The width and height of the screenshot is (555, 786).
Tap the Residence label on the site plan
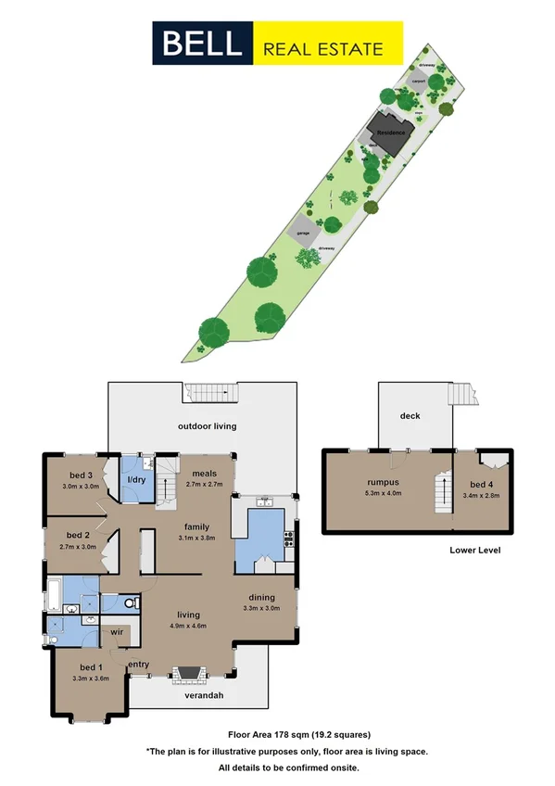pos(390,133)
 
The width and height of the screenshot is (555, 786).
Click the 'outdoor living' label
pos(208,426)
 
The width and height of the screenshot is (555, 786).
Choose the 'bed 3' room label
pos(75,475)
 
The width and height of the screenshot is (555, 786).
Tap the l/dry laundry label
pos(136,479)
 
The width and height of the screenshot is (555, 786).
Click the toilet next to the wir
pos(132,602)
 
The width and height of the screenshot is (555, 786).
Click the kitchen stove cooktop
pos(288,537)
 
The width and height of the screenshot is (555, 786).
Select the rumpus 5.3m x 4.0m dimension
pos(383,493)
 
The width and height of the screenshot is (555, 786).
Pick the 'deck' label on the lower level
pos(410,416)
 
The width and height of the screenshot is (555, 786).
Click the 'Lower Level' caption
pos(475,550)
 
